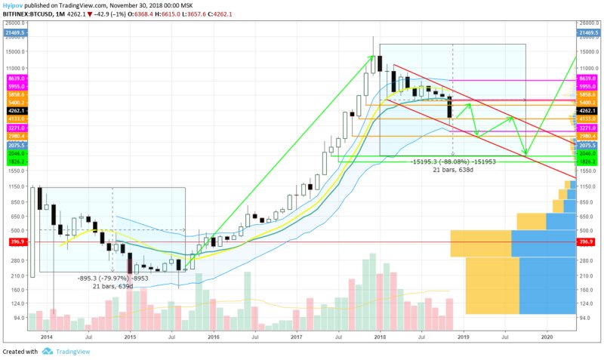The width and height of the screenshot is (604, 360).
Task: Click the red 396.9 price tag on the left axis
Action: pos(14,242)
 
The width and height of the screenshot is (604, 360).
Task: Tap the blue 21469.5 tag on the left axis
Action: pos(14,33)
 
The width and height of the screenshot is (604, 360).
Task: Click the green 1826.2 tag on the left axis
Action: pos(14,162)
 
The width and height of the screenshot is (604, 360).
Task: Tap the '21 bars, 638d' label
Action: pos(451,170)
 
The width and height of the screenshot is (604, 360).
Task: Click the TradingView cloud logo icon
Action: pos(47,352)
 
